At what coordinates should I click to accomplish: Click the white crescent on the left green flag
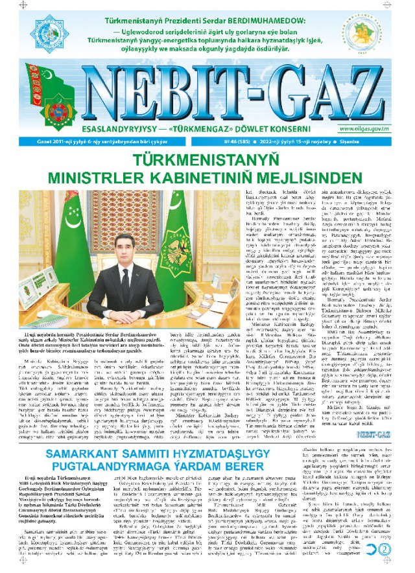click(58, 224)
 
